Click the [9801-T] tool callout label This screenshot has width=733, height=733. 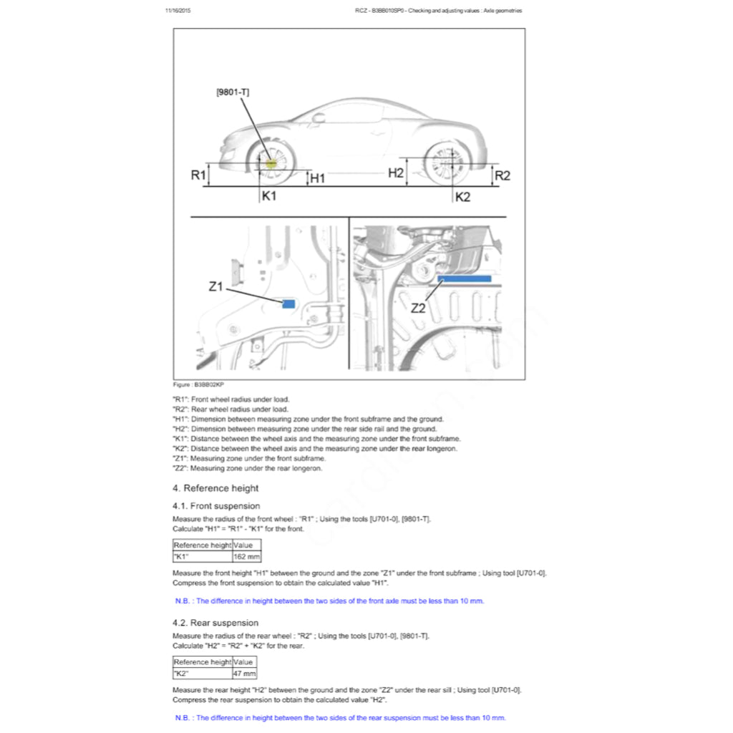coord(233,92)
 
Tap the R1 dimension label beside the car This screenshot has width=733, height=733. coord(198,175)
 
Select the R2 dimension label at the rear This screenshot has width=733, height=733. coord(503,175)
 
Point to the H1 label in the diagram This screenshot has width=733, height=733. coord(317,178)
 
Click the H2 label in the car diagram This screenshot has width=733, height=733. coord(396,173)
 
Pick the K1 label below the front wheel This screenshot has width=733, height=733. coord(269,195)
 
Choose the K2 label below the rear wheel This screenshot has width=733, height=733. coord(462,197)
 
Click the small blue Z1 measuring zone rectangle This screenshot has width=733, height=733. coord(288,304)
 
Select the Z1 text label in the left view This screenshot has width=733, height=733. coord(216,287)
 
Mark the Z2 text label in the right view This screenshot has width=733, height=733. coord(418,309)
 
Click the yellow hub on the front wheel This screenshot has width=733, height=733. coord(271,162)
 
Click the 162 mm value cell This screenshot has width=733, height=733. coord(247,555)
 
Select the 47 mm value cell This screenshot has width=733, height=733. coord(245,673)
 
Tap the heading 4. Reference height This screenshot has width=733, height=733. coord(215,488)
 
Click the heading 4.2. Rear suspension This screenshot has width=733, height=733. coord(215,623)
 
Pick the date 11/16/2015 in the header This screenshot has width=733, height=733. coord(178,11)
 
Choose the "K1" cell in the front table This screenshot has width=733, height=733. coord(203,555)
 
